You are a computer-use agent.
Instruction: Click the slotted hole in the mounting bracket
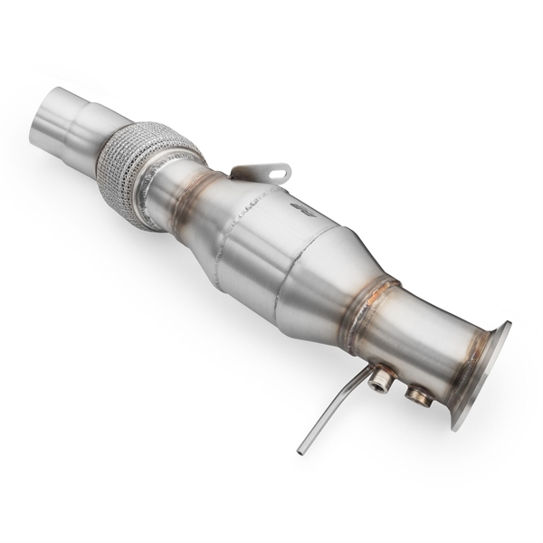(x=271, y=169)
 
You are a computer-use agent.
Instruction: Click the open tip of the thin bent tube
(x=300, y=449)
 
